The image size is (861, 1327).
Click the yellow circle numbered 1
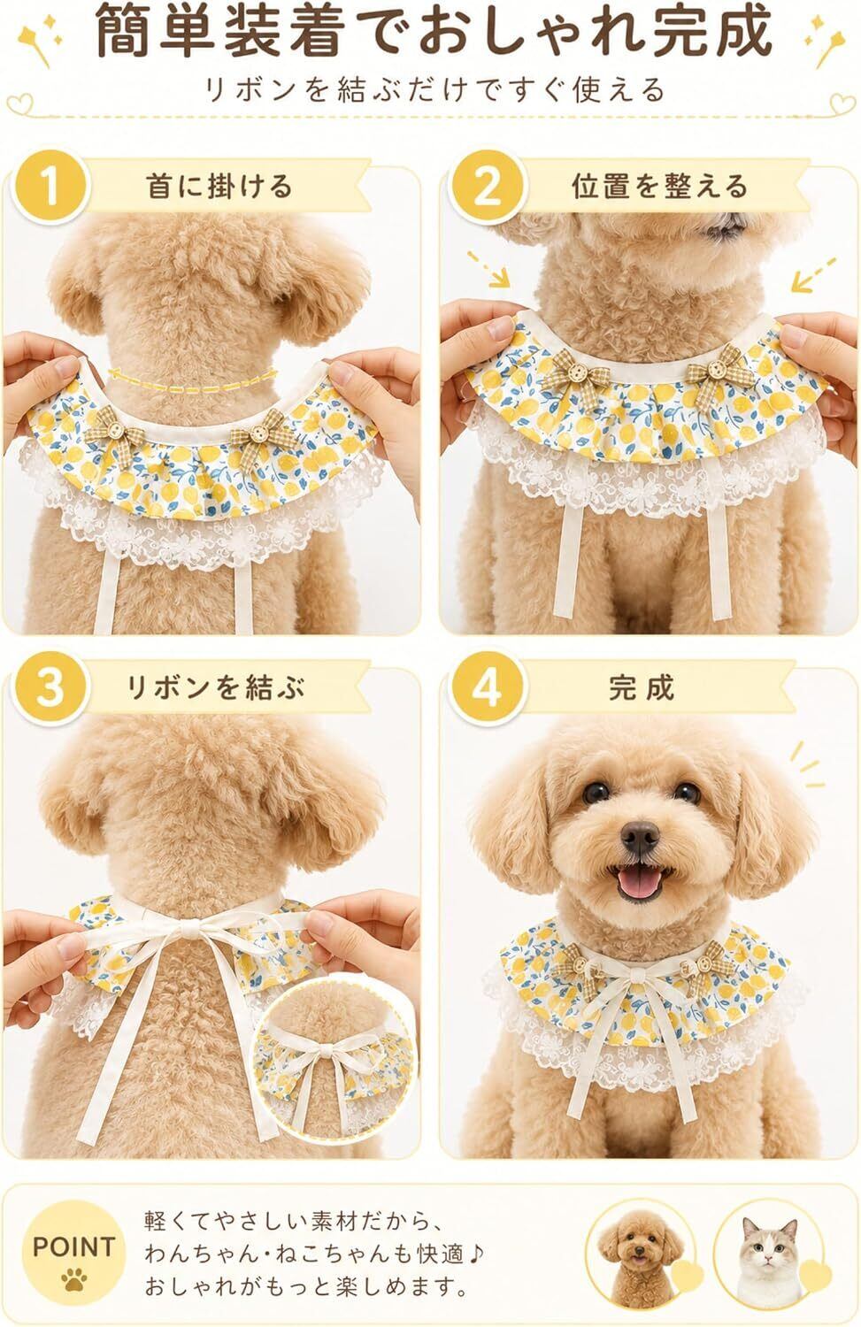click(x=51, y=188)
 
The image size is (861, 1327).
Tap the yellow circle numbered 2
click(x=488, y=188)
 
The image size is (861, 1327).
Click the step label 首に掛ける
click(x=219, y=186)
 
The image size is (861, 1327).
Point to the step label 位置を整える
click(x=660, y=186)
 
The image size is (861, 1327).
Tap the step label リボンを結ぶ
click(x=216, y=687)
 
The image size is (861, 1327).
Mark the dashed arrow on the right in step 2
click(x=813, y=274)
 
